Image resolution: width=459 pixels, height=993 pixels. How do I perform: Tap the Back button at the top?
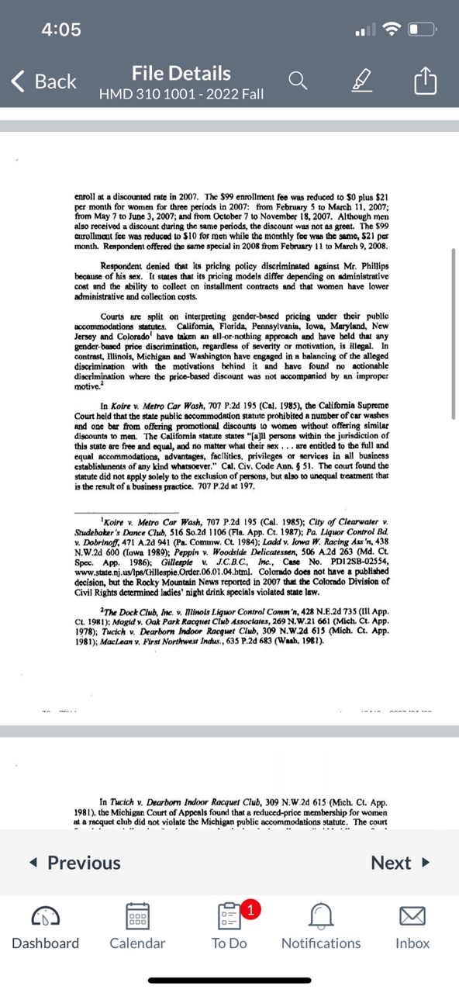pos(45,81)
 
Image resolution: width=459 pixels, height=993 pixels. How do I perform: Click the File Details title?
pos(181,74)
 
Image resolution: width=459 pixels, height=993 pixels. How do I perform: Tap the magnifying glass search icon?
pos(297,80)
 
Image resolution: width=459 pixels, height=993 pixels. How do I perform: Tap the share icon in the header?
pos(425,80)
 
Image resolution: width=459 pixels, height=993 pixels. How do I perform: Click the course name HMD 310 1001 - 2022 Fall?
pos(181,95)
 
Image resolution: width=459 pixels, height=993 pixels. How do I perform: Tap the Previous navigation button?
pos(74,863)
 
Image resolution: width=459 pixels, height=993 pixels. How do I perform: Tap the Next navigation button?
pos(399,863)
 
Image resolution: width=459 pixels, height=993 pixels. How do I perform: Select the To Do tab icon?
pos(229,923)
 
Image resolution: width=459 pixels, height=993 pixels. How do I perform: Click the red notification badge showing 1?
pos(250,910)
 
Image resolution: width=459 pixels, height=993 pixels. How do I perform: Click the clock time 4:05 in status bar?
pos(61,29)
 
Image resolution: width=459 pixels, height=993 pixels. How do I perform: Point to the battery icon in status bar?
pos(424,30)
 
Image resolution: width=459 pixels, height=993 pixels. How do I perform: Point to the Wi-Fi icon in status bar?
pos(392,30)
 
